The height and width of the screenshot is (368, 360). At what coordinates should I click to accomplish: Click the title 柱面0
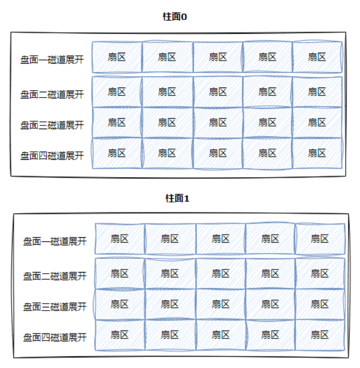coord(175,16)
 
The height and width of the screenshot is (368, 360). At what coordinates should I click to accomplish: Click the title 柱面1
coord(177,198)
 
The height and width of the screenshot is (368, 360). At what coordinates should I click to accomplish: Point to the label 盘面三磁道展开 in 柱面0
coord(52,125)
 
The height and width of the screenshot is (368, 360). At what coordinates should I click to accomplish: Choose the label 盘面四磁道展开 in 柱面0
coord(52,156)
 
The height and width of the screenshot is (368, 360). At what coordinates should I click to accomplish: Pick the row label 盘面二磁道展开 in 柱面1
coord(54,276)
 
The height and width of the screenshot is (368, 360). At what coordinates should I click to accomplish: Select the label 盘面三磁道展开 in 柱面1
coord(54,307)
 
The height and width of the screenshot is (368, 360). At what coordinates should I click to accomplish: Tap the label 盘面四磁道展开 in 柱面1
coord(54,337)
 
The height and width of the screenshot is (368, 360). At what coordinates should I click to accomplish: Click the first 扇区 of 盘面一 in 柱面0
coord(117,57)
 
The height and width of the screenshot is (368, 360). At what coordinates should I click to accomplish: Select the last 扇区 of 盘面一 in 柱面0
coord(317,57)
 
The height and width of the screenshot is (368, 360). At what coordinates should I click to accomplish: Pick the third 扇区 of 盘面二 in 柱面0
coord(217,92)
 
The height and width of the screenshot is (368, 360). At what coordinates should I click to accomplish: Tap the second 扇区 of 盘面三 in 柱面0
coord(167,122)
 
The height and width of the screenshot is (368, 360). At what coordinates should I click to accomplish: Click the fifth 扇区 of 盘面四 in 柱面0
coord(317,153)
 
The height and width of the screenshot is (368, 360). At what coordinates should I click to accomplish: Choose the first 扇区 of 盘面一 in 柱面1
coord(120,238)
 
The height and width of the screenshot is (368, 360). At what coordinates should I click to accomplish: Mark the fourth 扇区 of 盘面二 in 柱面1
coord(270,273)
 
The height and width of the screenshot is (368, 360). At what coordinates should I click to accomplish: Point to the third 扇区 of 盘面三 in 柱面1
coord(221,304)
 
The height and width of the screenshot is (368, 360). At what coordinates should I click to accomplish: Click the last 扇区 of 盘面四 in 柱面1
coord(320,335)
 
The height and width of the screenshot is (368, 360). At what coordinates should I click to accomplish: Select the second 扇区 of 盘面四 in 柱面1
coord(170,335)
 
